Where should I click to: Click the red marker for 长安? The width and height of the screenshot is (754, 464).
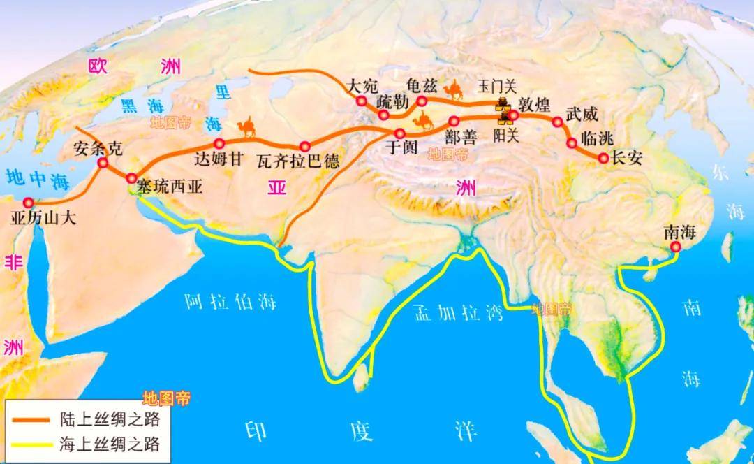coord(603,159)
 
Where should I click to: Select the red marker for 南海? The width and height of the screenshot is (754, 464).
coord(675,248)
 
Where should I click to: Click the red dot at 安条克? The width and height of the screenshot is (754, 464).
coord(103,163)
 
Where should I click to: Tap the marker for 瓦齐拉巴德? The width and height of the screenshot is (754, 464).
coord(304,146)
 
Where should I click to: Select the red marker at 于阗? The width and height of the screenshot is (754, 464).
coord(400,133)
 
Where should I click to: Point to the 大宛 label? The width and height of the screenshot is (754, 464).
coord(362,86)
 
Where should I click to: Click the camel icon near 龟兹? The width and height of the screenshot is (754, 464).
coord(455,89)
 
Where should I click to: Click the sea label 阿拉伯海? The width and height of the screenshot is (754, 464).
coord(230,302)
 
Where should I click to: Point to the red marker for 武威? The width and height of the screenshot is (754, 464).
coord(557,122)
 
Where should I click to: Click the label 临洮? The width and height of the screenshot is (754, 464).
coord(596,138)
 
